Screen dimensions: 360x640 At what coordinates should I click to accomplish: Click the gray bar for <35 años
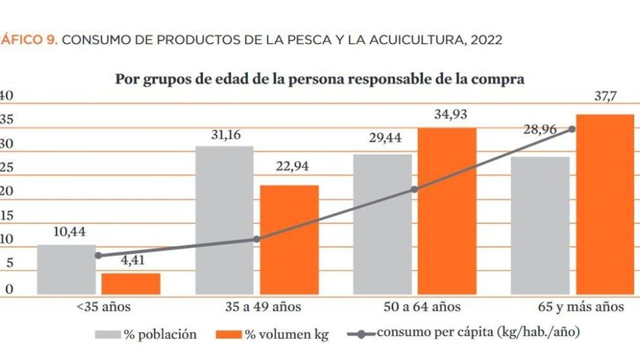(x=66, y=270)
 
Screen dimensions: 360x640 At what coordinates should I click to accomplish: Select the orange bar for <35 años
(x=131, y=284)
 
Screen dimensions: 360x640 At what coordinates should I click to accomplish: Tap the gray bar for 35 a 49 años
(x=224, y=220)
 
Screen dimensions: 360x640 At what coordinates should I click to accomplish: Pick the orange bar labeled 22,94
(x=290, y=240)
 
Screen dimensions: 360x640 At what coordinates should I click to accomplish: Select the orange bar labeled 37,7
(x=605, y=204)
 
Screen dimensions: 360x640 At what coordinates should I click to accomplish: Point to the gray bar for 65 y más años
(x=540, y=226)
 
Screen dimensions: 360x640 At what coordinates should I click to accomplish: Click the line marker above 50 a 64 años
(x=415, y=189)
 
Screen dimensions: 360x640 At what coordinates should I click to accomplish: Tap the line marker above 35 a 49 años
(x=257, y=239)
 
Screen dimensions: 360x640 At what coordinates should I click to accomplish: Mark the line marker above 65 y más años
(x=572, y=129)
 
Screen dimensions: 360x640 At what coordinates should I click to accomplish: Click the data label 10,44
(x=70, y=232)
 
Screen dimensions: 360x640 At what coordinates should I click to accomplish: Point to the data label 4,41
(x=132, y=260)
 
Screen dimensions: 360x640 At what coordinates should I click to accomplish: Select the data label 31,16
(x=226, y=135)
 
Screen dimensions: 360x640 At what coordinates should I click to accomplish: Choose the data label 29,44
(x=385, y=138)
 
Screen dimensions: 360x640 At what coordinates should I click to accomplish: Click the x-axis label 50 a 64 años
(x=422, y=307)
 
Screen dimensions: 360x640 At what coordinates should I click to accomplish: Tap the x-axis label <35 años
(x=104, y=307)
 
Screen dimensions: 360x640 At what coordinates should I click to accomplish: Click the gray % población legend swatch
(x=108, y=334)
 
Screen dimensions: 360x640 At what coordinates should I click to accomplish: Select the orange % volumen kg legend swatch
(x=229, y=334)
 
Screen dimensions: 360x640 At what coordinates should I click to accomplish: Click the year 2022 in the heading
(x=486, y=40)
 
